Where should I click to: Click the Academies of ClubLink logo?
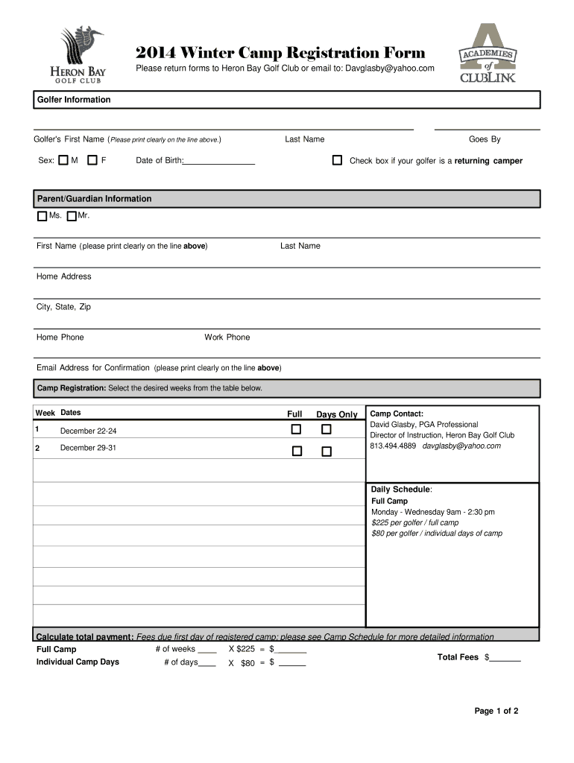pos(487,54)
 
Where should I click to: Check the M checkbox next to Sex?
pos(63,160)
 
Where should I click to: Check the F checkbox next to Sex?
pos(92,160)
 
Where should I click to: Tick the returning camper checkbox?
pos(337,160)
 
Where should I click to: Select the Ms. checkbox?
pos(42,217)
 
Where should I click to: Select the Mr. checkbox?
pos(71,217)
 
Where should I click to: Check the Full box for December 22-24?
pos(296,429)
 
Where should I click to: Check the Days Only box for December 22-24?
pos(326,429)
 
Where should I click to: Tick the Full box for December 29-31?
pos(296,451)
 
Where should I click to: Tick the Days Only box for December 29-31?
pos(326,451)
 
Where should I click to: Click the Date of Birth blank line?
pos(219,162)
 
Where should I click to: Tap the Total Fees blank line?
pos(505,659)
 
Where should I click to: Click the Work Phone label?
pos(227,338)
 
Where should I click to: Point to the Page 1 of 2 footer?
pos(496,711)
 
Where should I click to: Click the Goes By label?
pos(485,139)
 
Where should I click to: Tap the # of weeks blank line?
pos(207,650)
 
